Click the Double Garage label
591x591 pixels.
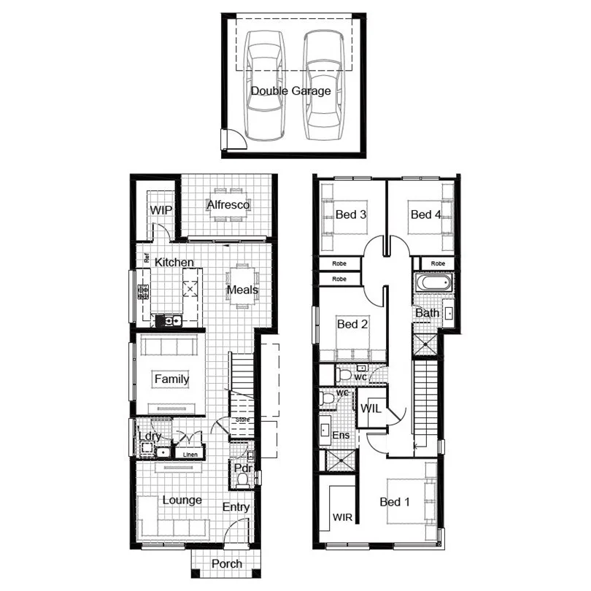(x=290, y=91)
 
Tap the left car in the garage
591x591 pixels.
(x=264, y=88)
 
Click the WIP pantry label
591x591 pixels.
(x=161, y=210)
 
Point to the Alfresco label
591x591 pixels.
(x=228, y=205)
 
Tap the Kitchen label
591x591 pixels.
(x=174, y=262)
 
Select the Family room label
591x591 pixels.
(x=171, y=379)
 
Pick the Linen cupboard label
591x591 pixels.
(x=190, y=455)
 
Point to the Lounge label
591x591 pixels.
(x=182, y=500)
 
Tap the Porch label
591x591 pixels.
(x=226, y=564)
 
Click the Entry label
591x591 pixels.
(x=236, y=507)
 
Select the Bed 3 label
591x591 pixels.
(x=351, y=215)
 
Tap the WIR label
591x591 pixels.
(x=343, y=517)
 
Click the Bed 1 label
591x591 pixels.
(x=395, y=502)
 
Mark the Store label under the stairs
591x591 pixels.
(x=242, y=420)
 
